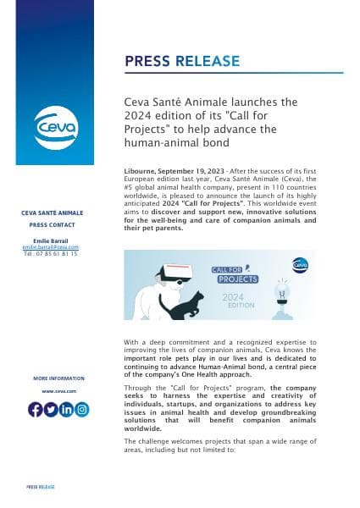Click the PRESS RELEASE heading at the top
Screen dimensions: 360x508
click(x=182, y=61)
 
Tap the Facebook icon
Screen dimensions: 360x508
click(x=36, y=410)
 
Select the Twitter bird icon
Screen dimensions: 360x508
click(x=51, y=410)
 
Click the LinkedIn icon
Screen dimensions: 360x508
click(x=66, y=410)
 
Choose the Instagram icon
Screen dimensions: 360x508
click(x=81, y=410)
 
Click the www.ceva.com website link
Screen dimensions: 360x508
click(x=58, y=391)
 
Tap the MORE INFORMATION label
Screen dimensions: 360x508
click(x=58, y=378)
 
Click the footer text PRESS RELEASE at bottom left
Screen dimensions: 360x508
click(x=41, y=488)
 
